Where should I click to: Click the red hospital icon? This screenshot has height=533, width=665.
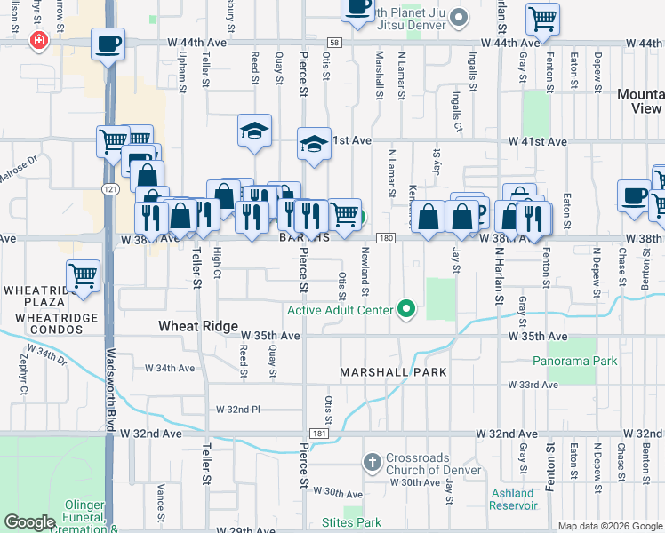point(37,40)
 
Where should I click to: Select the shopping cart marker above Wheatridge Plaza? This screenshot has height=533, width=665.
point(83,276)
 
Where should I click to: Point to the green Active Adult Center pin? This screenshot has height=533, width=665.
point(406,309)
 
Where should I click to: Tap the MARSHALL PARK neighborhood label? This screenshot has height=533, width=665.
point(393,371)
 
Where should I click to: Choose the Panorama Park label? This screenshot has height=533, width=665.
point(574,362)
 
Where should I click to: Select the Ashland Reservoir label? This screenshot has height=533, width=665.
point(512,499)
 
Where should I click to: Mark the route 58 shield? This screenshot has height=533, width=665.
point(332,43)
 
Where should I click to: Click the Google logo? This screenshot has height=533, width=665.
point(30,522)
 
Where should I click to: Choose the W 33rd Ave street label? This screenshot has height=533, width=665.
point(533,385)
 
